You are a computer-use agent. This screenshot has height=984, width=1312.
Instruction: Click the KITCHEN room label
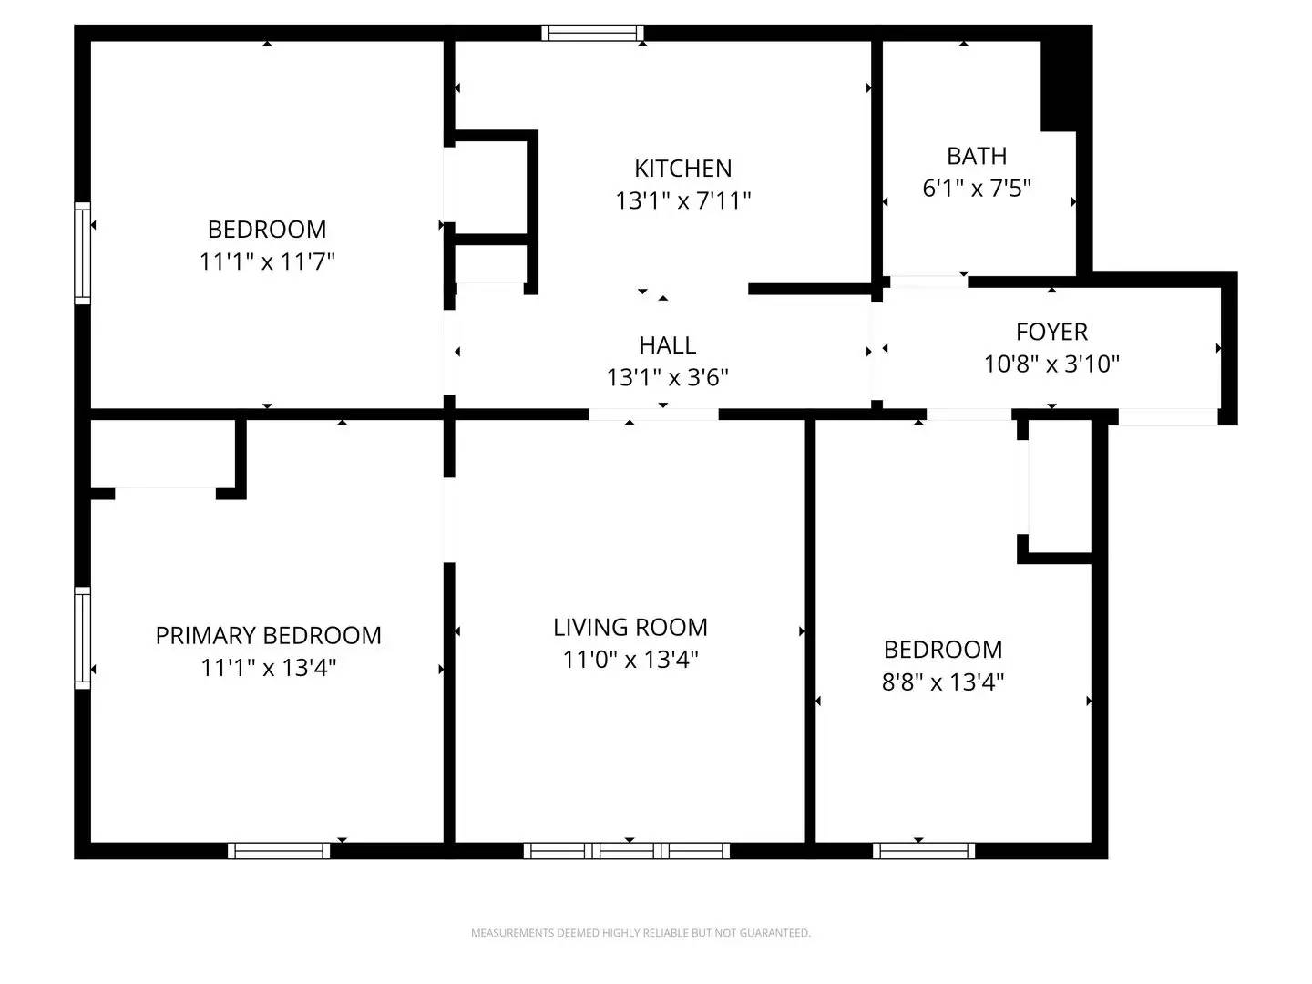click(x=682, y=169)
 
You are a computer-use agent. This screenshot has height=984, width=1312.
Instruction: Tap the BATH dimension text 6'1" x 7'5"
click(x=977, y=189)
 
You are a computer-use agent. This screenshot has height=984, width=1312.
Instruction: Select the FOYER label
click(x=1051, y=332)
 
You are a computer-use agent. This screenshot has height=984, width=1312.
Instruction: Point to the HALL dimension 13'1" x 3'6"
click(x=668, y=377)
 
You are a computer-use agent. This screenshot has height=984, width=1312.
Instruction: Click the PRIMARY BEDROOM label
click(x=268, y=635)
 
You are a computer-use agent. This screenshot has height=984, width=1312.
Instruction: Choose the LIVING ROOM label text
click(x=630, y=627)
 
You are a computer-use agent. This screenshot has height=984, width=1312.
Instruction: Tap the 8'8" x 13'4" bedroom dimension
click(x=943, y=682)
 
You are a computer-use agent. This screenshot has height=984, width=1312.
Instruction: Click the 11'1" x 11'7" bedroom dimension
click(x=267, y=261)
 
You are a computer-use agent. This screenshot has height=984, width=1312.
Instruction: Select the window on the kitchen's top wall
click(x=592, y=33)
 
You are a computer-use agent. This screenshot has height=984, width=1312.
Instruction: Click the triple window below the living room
click(x=627, y=851)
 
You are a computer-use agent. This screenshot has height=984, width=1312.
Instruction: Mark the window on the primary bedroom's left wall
click(x=83, y=638)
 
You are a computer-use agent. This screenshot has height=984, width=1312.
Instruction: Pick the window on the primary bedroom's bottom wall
click(x=279, y=851)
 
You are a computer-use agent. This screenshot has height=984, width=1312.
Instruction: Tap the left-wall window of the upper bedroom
click(x=83, y=253)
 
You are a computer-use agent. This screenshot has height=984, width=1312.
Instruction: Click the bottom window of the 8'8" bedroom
click(x=924, y=851)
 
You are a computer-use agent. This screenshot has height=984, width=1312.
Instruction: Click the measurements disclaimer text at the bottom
click(x=640, y=933)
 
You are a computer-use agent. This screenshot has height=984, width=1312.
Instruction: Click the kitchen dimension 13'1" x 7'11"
click(x=682, y=200)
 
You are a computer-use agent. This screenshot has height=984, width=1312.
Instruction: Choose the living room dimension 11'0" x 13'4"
click(x=630, y=660)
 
